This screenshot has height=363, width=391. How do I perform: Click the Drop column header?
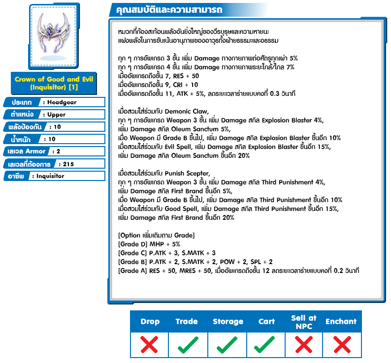click(x=150, y=322)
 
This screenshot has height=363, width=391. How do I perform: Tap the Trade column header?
click(x=187, y=322)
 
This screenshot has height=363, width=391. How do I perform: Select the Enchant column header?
click(x=341, y=322)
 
